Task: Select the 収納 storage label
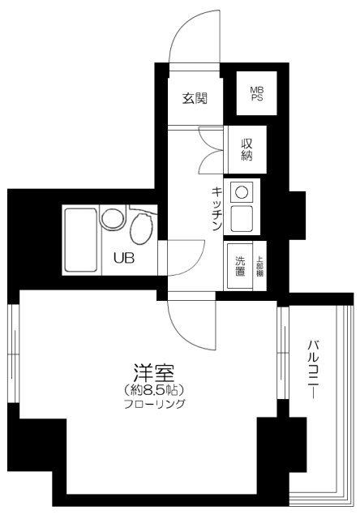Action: pyautogui.click(x=246, y=150)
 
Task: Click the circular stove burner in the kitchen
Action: pyautogui.click(x=241, y=192)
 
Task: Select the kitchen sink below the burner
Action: pyautogui.click(x=241, y=217)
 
